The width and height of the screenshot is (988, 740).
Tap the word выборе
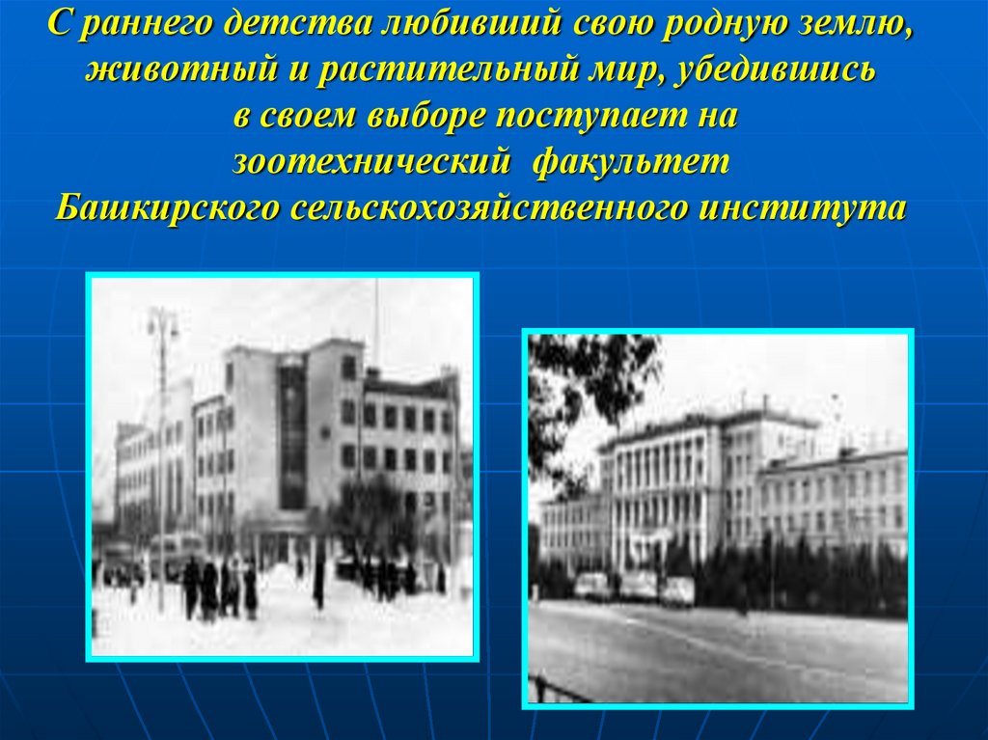(x=426, y=117)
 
